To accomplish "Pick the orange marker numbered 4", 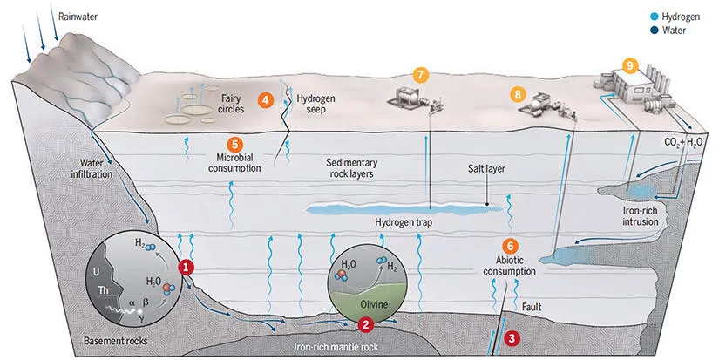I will coord(266,100).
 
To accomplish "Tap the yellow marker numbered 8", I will coord(519,92).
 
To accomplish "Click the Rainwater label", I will coord(79,16).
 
